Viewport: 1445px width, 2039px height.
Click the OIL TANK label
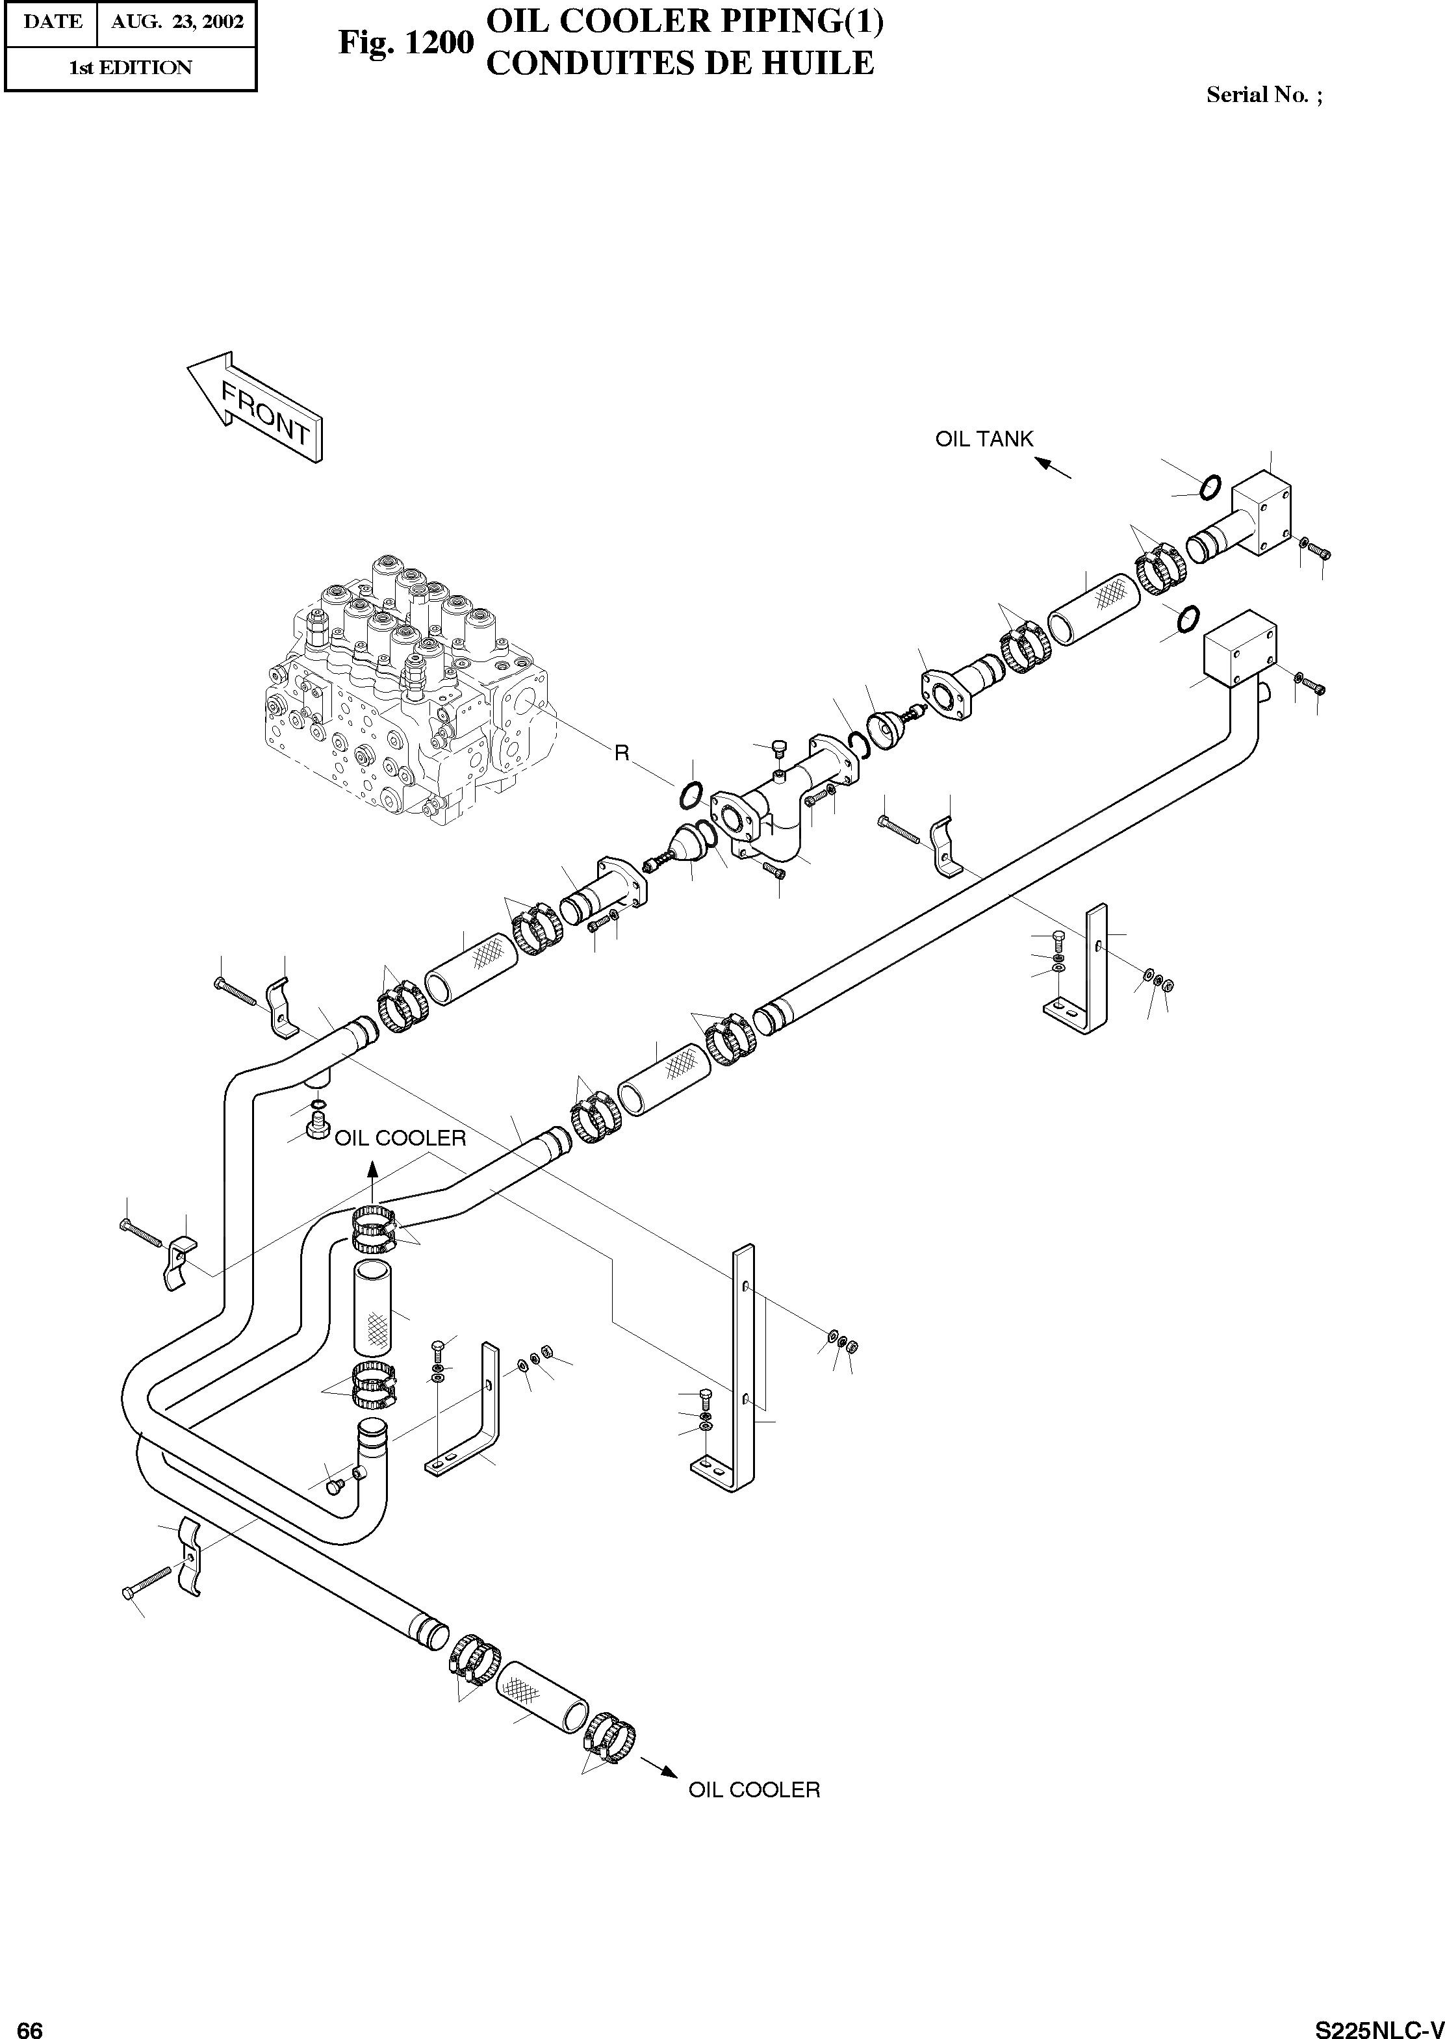[984, 439]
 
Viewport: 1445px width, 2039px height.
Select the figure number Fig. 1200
[405, 43]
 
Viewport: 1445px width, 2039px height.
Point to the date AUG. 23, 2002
[177, 22]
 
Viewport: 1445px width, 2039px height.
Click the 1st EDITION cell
[130, 68]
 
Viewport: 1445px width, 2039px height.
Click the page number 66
[29, 2023]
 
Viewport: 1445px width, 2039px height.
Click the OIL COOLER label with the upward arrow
[400, 1138]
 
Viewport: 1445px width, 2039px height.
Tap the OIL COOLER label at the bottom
[754, 1789]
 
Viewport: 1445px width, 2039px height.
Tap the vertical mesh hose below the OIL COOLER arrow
[372, 1305]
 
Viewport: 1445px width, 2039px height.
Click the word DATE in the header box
[51, 22]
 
